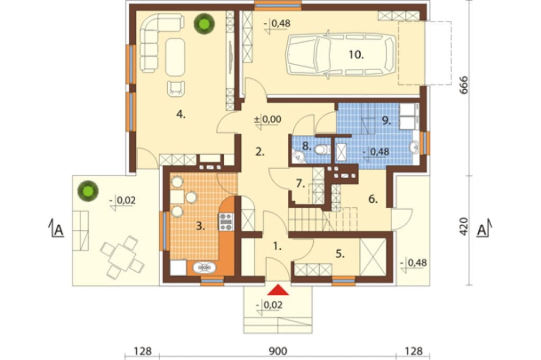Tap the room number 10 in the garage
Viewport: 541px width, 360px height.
pyautogui.click(x=356, y=55)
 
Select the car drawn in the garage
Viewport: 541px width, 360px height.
pyautogui.click(x=341, y=55)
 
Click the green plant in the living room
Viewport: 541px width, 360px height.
pyautogui.click(x=204, y=24)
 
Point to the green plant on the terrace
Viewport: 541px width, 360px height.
pyautogui.click(x=88, y=191)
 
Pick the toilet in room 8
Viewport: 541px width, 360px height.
pyautogui.click(x=322, y=150)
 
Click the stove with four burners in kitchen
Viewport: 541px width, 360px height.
pyautogui.click(x=226, y=222)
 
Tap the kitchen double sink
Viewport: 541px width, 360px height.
pyautogui.click(x=204, y=268)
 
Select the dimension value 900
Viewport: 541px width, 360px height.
pyautogui.click(x=278, y=351)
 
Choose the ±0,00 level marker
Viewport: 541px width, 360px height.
pyautogui.click(x=268, y=119)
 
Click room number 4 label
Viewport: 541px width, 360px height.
pyautogui.click(x=181, y=114)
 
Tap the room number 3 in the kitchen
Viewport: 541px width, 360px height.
pyautogui.click(x=201, y=226)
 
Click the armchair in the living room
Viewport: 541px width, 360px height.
pyautogui.click(x=176, y=88)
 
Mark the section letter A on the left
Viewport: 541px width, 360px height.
pyautogui.click(x=59, y=230)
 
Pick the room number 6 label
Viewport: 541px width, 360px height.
pyautogui.click(x=373, y=199)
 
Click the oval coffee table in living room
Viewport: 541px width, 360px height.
pyautogui.click(x=175, y=57)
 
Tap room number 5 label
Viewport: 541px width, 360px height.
pyautogui.click(x=340, y=254)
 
